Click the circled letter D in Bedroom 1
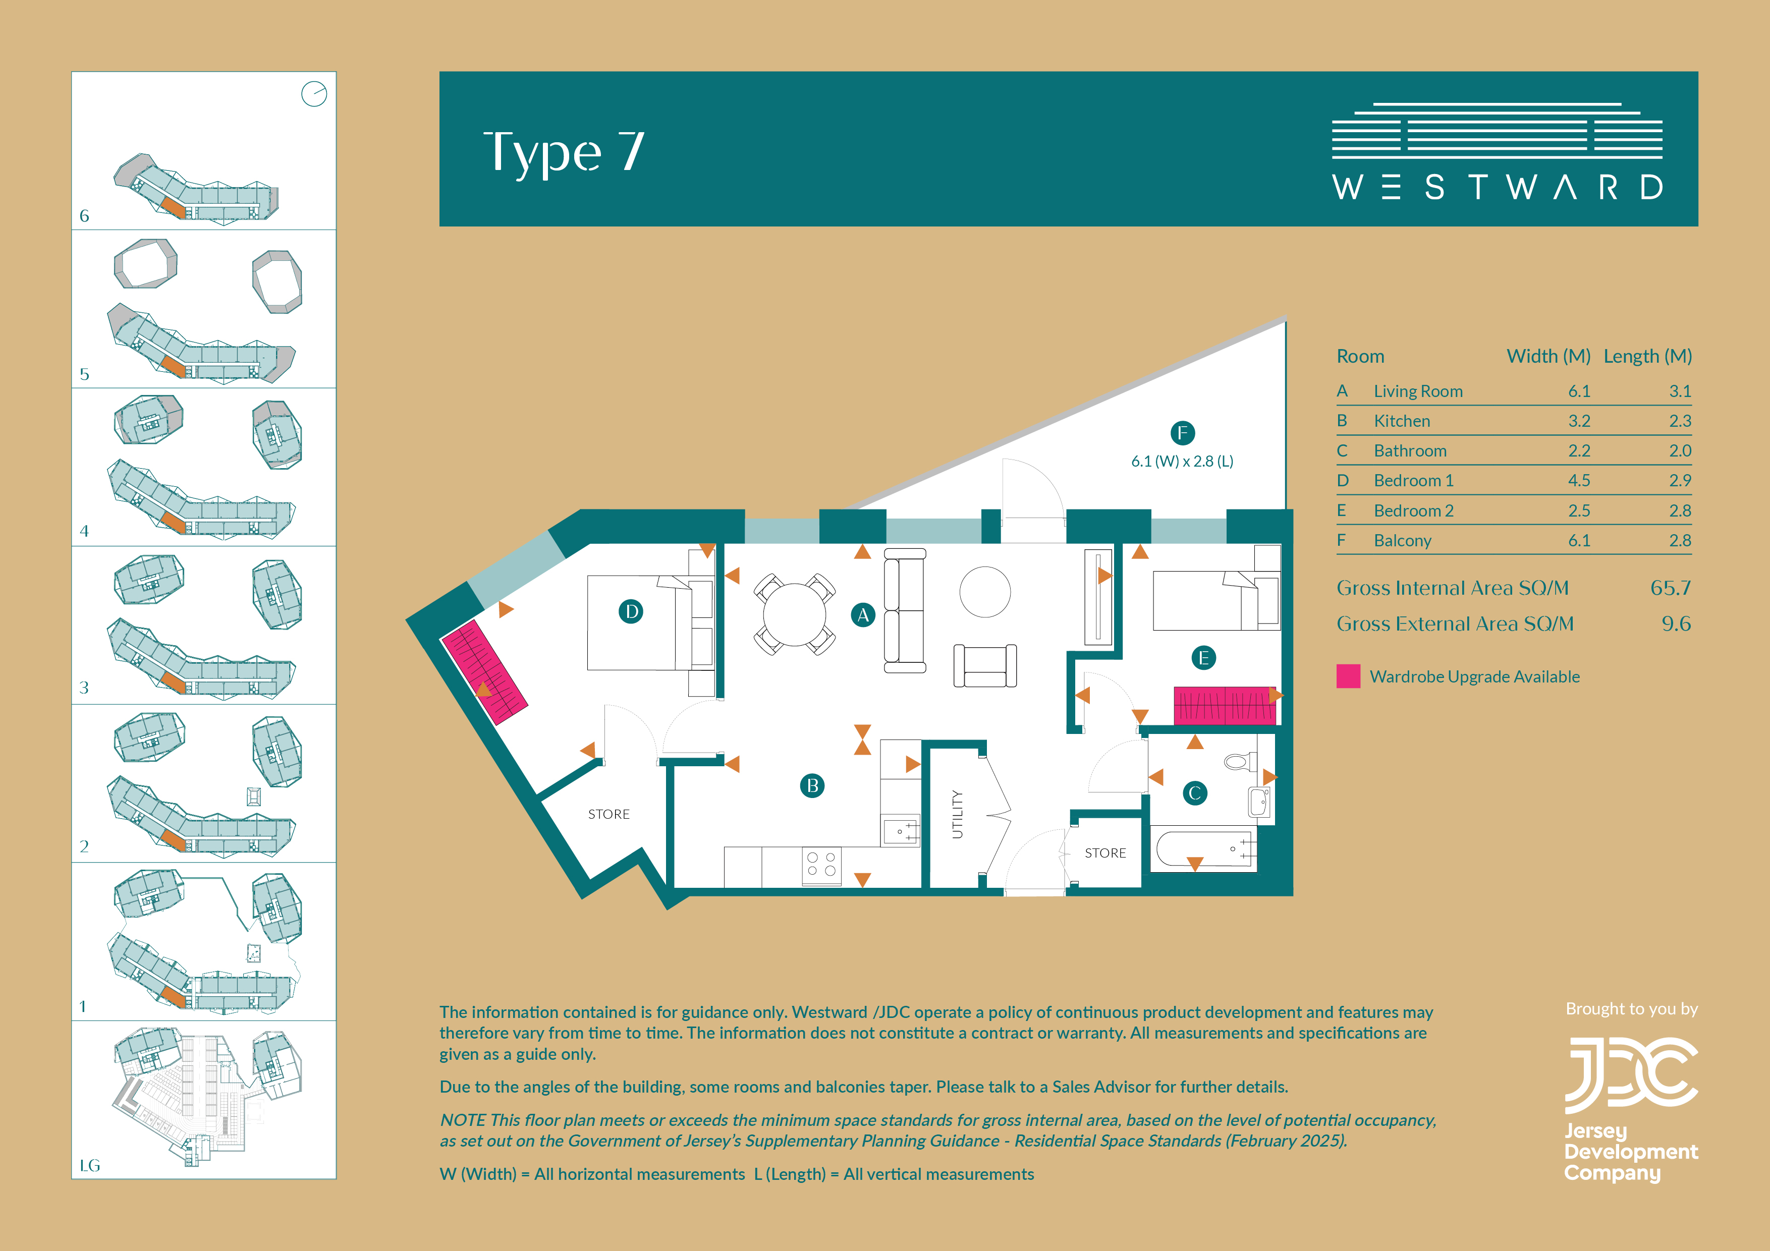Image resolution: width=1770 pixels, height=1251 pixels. tap(631, 612)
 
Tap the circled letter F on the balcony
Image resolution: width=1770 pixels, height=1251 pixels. tap(1183, 433)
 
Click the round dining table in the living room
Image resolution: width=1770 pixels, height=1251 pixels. tap(794, 614)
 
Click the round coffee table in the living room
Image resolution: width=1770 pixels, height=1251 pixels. tap(985, 592)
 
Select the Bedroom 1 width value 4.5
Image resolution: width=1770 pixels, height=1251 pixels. tap(1579, 480)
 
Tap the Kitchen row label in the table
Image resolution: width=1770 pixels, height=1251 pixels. tap(1402, 421)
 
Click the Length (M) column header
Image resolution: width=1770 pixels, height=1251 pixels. tap(1647, 356)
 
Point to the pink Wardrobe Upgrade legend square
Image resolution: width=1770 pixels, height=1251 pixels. tap(1348, 676)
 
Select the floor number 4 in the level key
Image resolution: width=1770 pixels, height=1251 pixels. tap(84, 531)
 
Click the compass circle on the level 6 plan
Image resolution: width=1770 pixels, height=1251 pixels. tap(314, 94)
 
